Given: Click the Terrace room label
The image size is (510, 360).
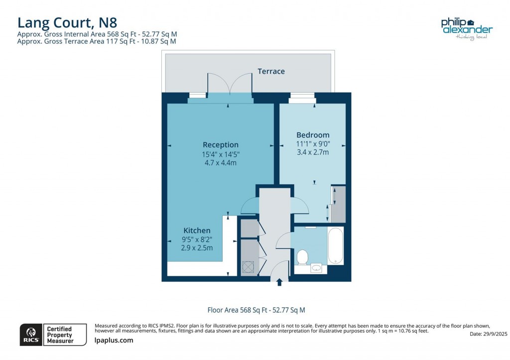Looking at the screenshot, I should [x=271, y=71].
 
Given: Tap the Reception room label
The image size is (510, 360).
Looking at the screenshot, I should [x=220, y=145].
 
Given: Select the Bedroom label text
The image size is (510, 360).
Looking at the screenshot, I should [x=313, y=135].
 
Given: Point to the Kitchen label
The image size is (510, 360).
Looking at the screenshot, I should [x=197, y=231].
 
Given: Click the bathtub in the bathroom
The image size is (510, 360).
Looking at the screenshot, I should [x=335, y=246].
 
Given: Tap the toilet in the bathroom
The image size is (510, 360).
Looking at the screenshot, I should [x=302, y=257].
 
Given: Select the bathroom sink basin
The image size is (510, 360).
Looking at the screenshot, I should [x=316, y=268].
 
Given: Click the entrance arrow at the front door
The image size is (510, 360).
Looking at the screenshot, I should [x=279, y=282].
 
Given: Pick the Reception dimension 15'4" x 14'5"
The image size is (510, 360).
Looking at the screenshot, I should [x=220, y=154].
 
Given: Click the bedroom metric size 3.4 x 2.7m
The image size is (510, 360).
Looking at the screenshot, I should [x=313, y=152].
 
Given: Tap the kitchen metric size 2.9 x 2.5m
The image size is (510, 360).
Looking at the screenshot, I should [x=197, y=247].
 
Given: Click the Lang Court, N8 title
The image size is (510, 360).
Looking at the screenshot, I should [x=67, y=22].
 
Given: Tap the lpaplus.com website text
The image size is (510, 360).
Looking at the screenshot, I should [x=114, y=341].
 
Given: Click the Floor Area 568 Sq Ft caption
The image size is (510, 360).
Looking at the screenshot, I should [x=259, y=310].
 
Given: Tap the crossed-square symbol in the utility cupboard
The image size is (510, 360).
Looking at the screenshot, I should [x=248, y=268].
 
